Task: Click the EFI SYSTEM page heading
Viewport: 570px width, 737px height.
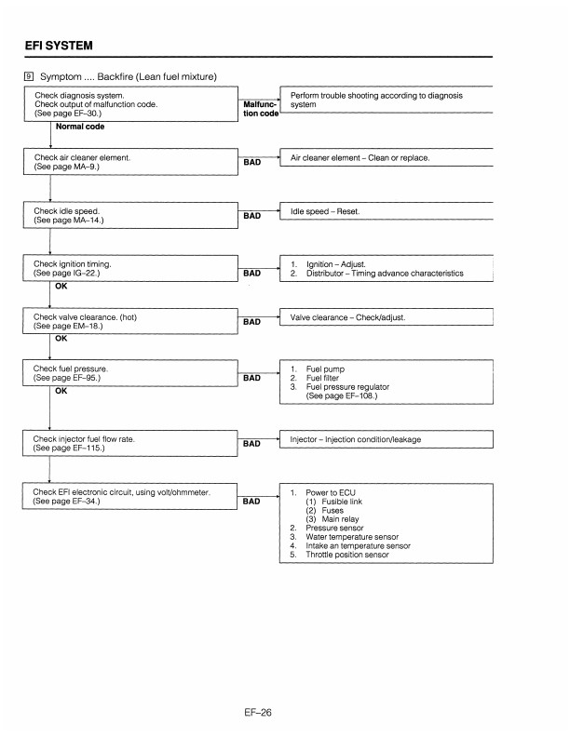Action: [59, 44]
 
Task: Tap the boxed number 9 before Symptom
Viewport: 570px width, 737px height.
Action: [29, 75]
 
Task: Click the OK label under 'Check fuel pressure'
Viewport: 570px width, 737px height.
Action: [61, 391]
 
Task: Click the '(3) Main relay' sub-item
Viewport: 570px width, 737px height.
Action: [334, 518]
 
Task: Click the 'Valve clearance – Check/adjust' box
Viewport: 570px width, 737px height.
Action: [385, 318]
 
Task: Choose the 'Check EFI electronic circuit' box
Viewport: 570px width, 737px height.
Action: [130, 497]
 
